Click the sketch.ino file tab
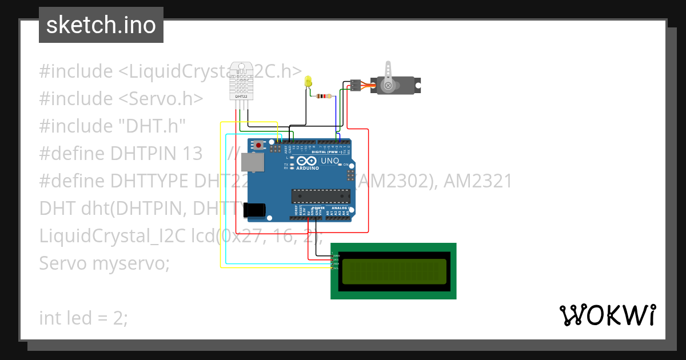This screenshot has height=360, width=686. click(x=101, y=25)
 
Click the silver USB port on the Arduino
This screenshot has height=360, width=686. click(x=254, y=162)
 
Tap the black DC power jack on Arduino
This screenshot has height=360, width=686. click(x=254, y=210)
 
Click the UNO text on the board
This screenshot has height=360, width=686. click(x=329, y=161)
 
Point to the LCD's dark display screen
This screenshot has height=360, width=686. click(x=394, y=271)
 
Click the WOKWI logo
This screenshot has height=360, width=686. click(x=607, y=315)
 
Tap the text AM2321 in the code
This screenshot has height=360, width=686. click(x=478, y=181)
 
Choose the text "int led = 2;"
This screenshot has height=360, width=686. click(x=83, y=318)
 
